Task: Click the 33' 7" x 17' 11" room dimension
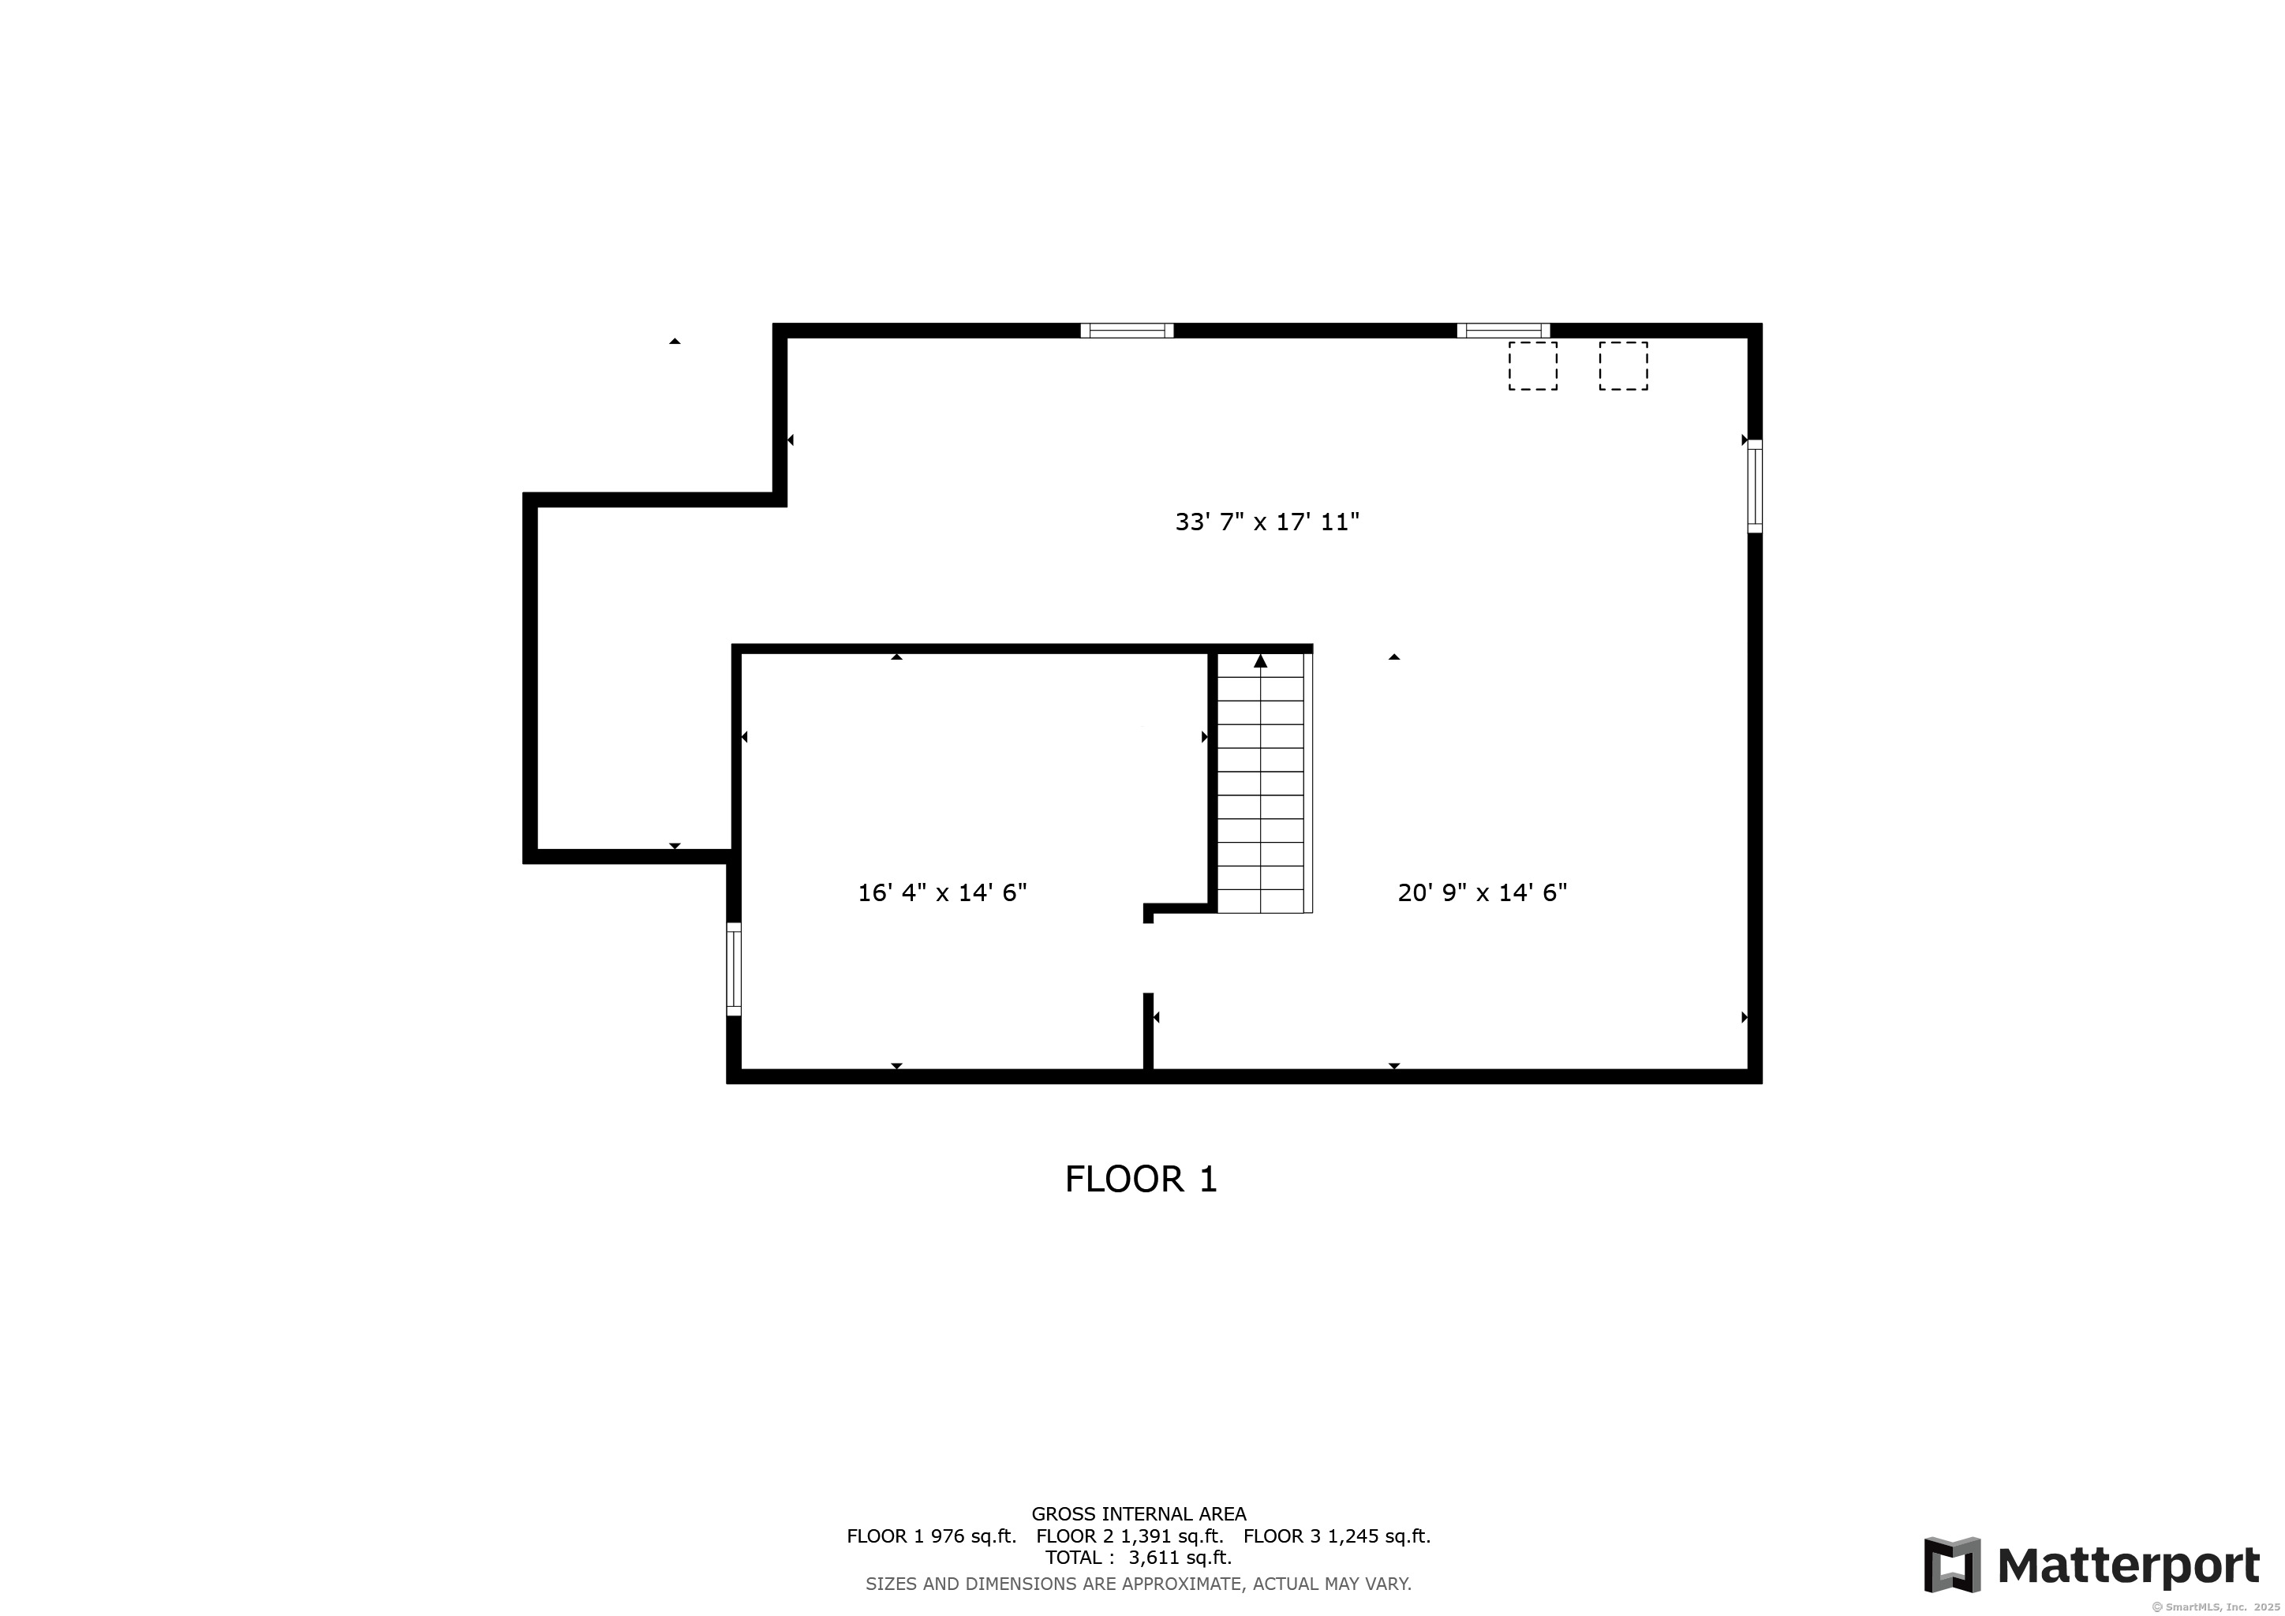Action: point(1267,522)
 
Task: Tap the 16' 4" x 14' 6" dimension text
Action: point(942,892)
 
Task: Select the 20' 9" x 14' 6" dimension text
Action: point(1482,892)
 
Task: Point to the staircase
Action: point(1261,782)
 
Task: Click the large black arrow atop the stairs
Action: point(1261,660)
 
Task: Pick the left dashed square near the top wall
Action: point(1532,366)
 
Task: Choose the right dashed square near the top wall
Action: point(1623,366)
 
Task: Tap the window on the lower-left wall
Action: point(734,969)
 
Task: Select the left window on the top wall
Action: point(1127,331)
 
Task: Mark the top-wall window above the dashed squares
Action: point(1503,331)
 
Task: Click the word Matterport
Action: point(2129,1566)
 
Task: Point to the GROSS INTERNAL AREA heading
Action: point(1139,1514)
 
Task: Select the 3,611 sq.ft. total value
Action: point(1180,1558)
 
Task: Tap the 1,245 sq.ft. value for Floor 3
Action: point(1379,1536)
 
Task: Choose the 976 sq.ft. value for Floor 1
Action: point(974,1536)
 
